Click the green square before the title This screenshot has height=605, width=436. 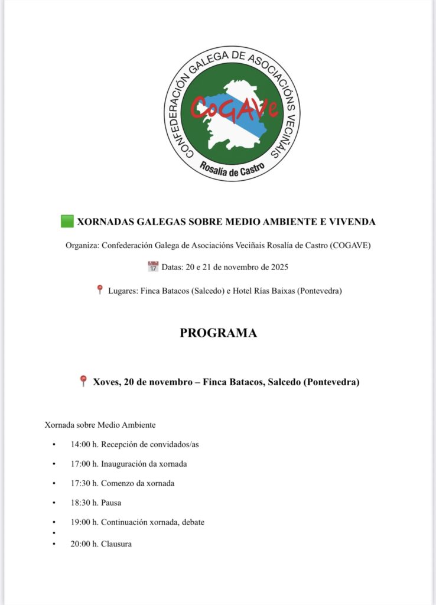pos(67,222)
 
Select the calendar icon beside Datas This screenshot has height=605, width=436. pos(153,267)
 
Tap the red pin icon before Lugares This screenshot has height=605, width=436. pos(100,290)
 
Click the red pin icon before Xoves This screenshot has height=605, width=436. pos(83,382)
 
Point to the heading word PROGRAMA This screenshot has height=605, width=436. pos(218,333)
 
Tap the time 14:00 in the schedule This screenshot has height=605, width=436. pos(81,444)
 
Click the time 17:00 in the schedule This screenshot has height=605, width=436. pos(81,464)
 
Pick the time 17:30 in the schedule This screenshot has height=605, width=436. pos(81,483)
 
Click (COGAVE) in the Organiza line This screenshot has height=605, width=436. pos(351,245)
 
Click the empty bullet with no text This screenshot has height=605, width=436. pos(54,533)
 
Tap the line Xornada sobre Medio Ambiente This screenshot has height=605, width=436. pos(100,425)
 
